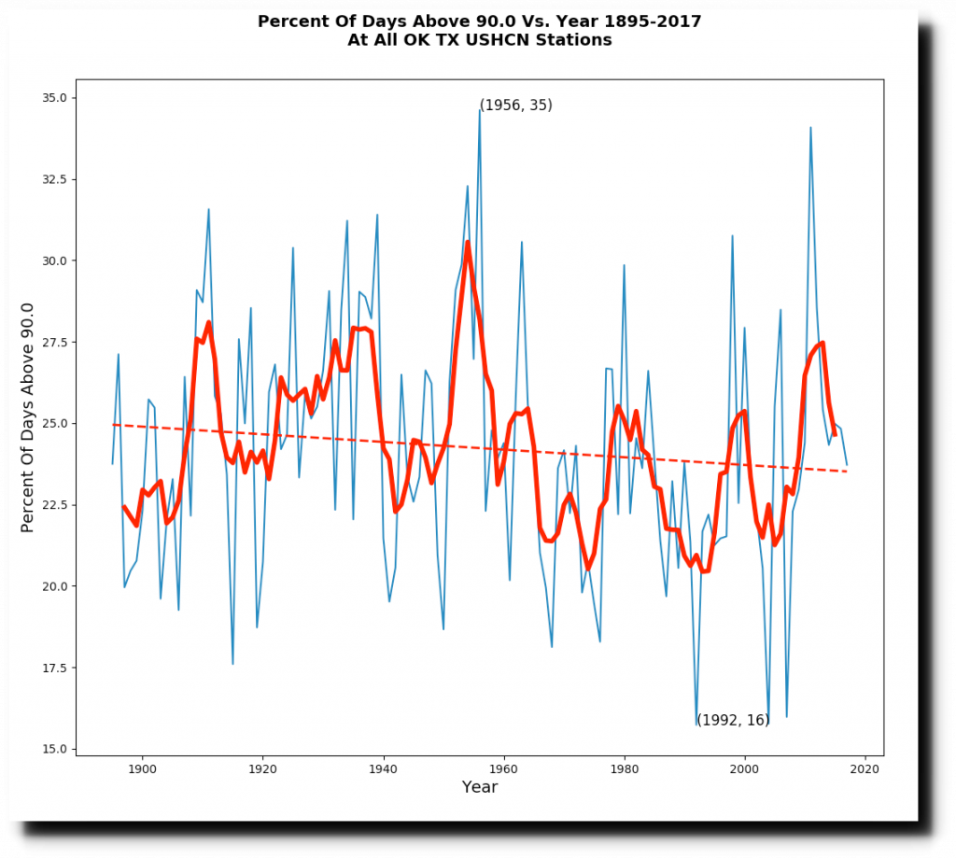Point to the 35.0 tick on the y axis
point(74,98)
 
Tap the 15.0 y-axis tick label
point(55,749)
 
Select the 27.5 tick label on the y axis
point(55,342)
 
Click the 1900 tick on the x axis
point(142,755)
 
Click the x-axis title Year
point(480,788)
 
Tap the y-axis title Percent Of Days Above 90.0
point(27,417)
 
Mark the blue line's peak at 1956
point(480,110)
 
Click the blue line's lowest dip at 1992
point(696,725)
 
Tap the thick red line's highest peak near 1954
point(468,242)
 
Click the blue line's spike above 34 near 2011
point(810,127)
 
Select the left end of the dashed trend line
point(113,425)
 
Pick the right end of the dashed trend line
point(847,471)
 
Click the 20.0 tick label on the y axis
point(55,586)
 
